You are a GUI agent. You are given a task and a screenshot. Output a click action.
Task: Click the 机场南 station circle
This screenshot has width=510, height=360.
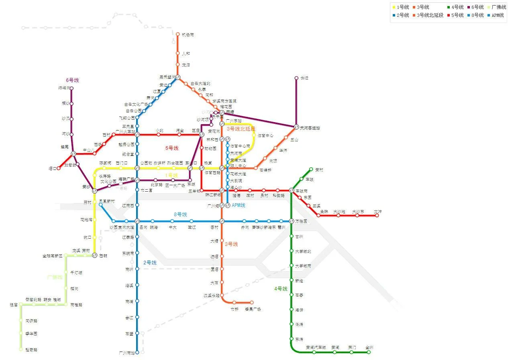[177, 34]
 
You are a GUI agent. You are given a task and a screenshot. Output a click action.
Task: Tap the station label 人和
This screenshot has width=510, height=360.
[186, 53]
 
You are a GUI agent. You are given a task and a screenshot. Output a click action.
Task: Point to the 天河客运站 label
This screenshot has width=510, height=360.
[310, 128]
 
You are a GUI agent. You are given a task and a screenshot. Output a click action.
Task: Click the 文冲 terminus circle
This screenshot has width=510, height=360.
[377, 215]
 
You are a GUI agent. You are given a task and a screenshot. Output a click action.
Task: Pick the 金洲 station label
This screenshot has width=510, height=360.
[369, 347]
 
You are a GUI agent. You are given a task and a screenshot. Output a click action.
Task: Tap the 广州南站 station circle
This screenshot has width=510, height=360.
[137, 352]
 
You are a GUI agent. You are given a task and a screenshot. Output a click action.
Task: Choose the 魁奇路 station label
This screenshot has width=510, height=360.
[31, 350]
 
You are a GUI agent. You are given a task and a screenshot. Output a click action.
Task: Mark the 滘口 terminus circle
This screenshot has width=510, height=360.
[59, 168]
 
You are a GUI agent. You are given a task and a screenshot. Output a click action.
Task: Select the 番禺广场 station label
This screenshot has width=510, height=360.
[253, 309]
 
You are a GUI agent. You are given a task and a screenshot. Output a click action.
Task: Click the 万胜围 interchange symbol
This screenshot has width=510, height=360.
[292, 221]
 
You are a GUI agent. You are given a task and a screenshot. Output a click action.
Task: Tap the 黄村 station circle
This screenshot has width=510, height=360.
[311, 170]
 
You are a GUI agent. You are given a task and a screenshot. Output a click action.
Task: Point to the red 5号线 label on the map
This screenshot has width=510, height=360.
[171, 148]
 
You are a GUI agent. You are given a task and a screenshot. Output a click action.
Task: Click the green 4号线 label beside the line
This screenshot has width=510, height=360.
[281, 289]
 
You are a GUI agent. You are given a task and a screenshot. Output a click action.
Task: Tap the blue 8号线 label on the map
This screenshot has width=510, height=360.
[180, 215]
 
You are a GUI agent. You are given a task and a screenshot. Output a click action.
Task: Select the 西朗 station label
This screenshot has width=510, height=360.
[103, 256]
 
